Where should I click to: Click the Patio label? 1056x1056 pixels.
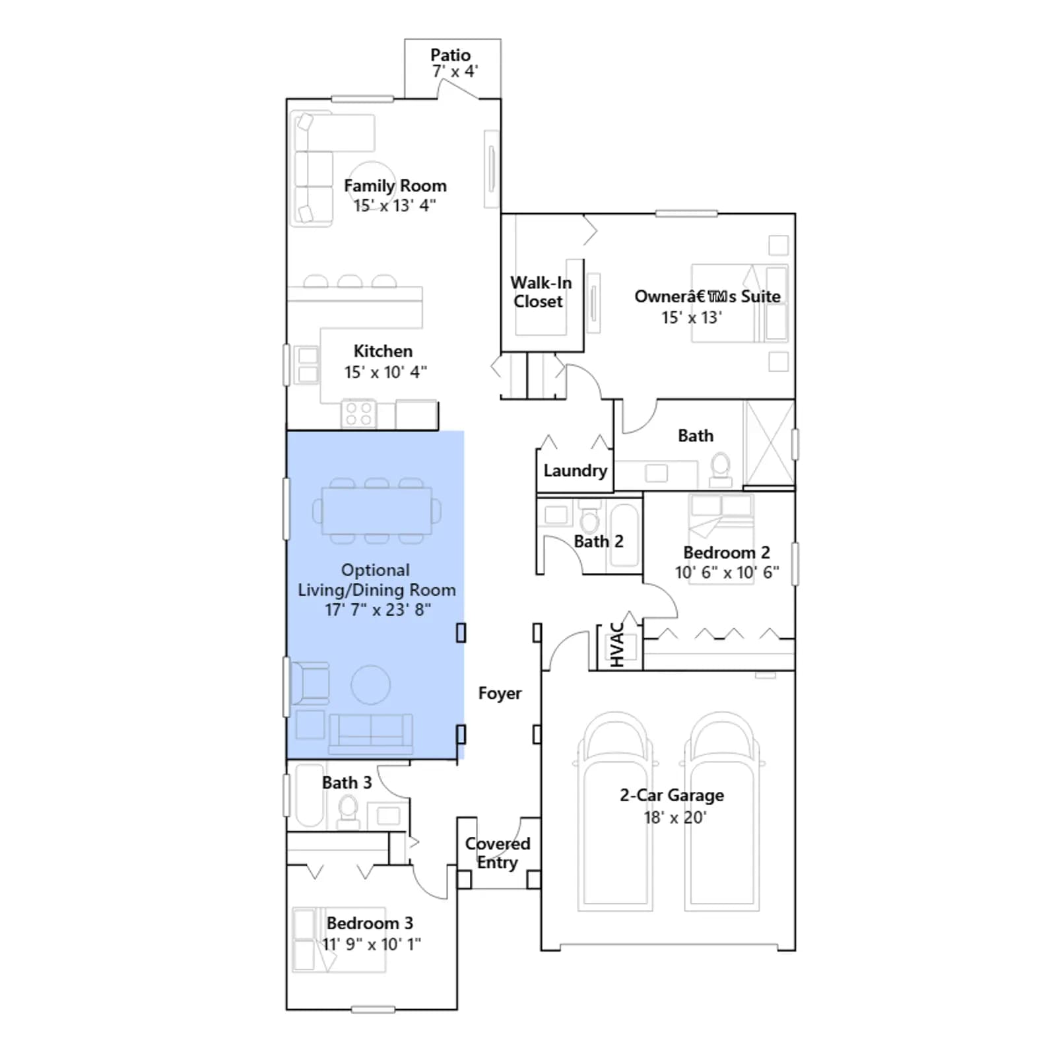[x=451, y=55]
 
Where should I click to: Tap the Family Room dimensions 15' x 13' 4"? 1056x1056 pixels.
[x=395, y=206]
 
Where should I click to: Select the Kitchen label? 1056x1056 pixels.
[x=383, y=351]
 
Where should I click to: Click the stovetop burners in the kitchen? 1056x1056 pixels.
[x=358, y=414]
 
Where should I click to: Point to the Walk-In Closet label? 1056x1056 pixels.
[x=541, y=292]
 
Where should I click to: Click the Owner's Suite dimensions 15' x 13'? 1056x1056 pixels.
[x=692, y=317]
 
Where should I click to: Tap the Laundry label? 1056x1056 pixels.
[x=575, y=471]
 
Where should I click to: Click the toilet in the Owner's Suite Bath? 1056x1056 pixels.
[x=721, y=468]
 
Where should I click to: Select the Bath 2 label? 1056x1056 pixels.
[x=599, y=541]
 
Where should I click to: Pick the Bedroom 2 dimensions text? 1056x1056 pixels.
[x=727, y=572]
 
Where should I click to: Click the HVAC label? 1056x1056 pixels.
[x=617, y=645]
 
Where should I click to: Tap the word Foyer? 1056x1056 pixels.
[x=500, y=693]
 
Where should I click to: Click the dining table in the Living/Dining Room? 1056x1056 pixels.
[x=377, y=511]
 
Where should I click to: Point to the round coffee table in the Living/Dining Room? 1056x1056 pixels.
[x=370, y=685]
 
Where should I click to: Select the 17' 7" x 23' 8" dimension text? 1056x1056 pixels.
[x=378, y=610]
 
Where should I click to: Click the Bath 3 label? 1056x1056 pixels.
[x=346, y=783]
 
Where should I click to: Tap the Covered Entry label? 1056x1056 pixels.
[x=498, y=853]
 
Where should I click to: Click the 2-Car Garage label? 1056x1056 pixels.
[x=672, y=795]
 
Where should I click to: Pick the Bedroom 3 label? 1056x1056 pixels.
[x=370, y=923]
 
